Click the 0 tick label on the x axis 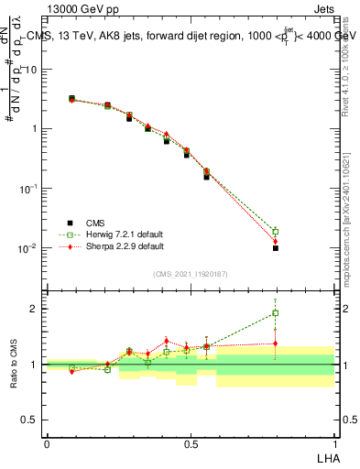pyautogui.click(x=47, y=442)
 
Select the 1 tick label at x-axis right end pyautogui.click(x=333, y=442)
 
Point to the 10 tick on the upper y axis pyautogui.click(x=32, y=70)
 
